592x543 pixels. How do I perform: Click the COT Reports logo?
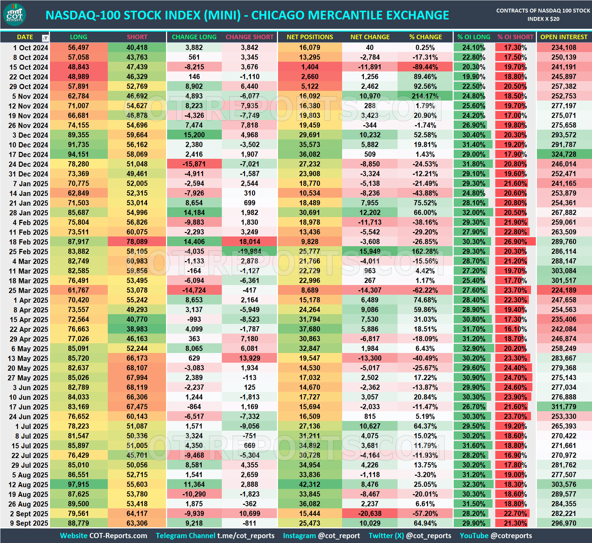point(15,15)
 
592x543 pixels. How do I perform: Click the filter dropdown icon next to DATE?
point(45,38)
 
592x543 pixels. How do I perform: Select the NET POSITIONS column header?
point(310,37)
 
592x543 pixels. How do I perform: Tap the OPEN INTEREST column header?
point(564,37)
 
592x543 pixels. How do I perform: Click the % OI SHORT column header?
point(515,37)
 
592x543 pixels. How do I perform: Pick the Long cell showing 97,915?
point(78,484)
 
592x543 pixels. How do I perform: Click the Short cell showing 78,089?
point(137,242)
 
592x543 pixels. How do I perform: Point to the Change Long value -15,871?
point(194,164)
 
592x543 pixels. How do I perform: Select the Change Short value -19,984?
point(250,251)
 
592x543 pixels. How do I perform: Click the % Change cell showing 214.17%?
point(425,96)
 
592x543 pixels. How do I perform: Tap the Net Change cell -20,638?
point(370,514)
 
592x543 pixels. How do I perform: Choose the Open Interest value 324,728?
point(564,154)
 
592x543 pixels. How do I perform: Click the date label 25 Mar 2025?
point(28,290)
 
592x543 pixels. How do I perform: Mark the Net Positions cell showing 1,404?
point(310,67)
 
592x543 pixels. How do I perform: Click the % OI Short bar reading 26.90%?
point(515,242)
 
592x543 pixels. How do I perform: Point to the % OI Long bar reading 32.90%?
point(473,348)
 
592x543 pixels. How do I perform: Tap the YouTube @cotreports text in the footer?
point(496,536)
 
